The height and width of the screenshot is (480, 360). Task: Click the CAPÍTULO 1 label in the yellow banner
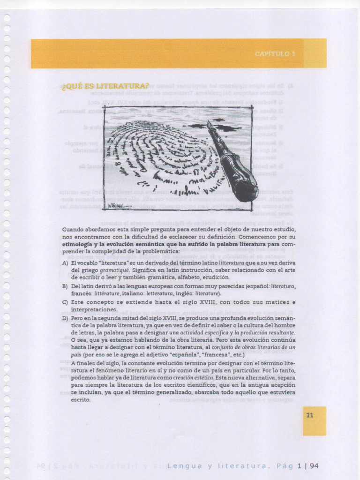pyautogui.click(x=275, y=54)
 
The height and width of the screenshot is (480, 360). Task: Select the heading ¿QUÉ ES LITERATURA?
pyautogui.click(x=105, y=86)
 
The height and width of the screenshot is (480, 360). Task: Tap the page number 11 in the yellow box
pyautogui.click(x=309, y=415)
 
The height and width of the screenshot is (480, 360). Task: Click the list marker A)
pyautogui.click(x=65, y=263)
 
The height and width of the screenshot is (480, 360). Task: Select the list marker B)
pyautogui.click(x=65, y=286)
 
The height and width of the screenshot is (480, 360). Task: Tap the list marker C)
pyautogui.click(x=65, y=302)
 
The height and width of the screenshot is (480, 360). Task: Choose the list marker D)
pyautogui.click(x=65, y=318)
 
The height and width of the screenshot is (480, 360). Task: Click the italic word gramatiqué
pyautogui.click(x=114, y=270)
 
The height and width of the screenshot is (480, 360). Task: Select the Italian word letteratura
pyautogui.click(x=160, y=293)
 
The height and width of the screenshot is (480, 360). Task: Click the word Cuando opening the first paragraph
pyautogui.click(x=73, y=229)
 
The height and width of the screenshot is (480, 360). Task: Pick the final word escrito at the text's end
pyautogui.click(x=81, y=400)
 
